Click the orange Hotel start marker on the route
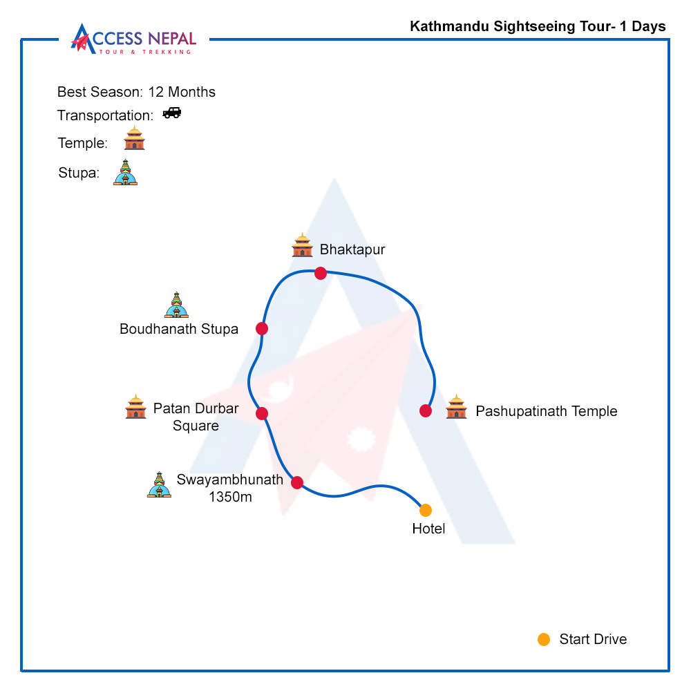[425, 511]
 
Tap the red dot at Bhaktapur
[321, 273]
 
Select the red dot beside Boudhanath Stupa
[262, 328]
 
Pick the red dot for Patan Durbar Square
[262, 413]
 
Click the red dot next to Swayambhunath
[297, 482]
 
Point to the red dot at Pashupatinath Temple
[426, 410]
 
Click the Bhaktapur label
[352, 249]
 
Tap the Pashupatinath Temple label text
[547, 411]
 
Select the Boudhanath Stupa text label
[179, 329]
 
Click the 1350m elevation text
[231, 497]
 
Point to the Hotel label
[429, 529]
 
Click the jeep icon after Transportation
[172, 113]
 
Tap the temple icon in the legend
[135, 138]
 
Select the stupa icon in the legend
[126, 172]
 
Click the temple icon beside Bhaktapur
[303, 245]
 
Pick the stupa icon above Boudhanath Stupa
[177, 305]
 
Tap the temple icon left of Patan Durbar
[135, 406]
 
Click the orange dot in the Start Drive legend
[544, 639]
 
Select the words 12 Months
[182, 92]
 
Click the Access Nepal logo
[133, 39]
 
